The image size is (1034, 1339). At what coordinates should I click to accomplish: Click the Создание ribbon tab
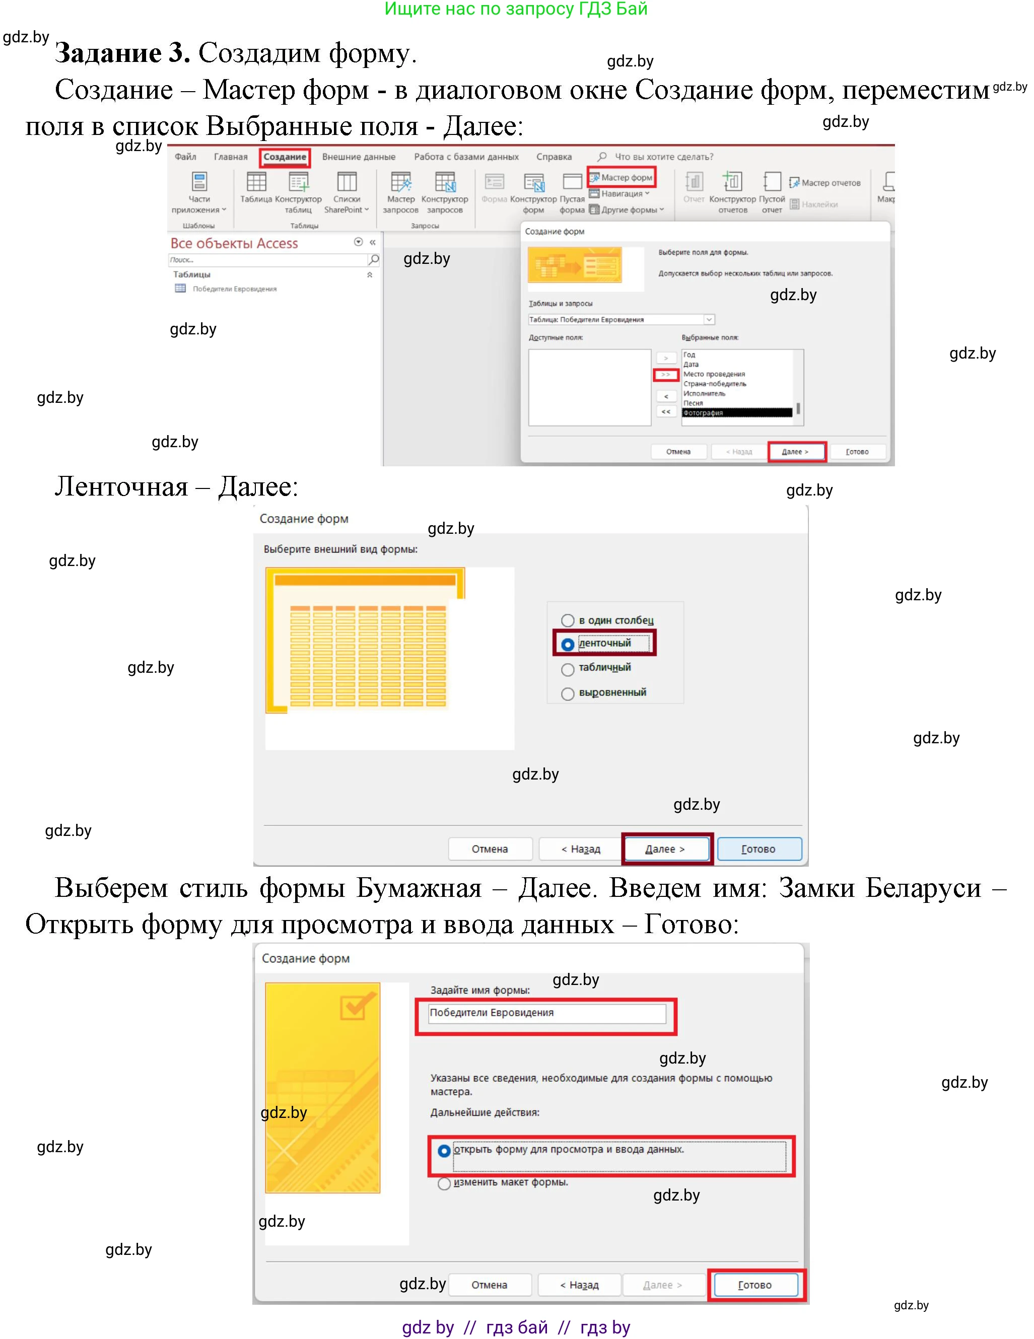coord(285,157)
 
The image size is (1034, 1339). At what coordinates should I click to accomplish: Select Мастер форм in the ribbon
coord(622,177)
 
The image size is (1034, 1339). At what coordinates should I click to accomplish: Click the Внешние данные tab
coord(359,157)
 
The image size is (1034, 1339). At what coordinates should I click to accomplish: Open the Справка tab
coord(554,157)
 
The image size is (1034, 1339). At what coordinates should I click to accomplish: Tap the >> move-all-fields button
coord(665,375)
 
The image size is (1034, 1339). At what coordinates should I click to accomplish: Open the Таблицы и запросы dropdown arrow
coord(709,319)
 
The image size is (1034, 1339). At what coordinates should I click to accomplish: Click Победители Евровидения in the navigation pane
coord(234,289)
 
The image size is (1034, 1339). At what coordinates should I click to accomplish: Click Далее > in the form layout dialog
coord(665,849)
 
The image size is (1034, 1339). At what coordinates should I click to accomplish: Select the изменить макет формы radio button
coord(445,1183)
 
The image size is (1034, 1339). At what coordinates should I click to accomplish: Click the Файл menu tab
coord(185,157)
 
